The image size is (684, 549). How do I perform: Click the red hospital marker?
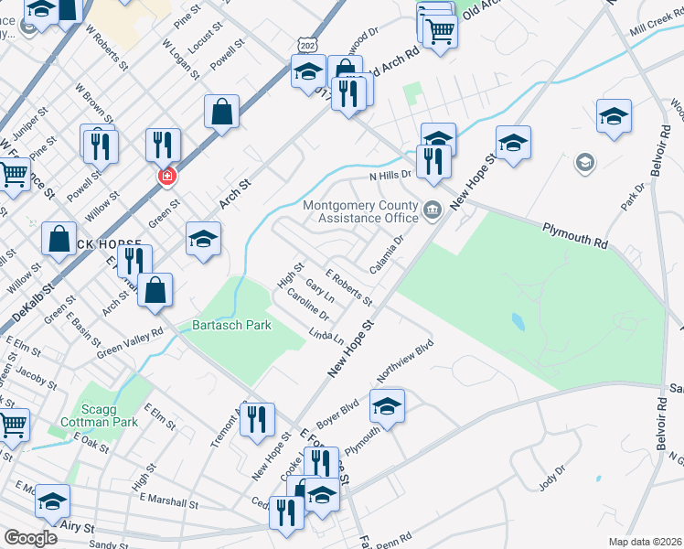tap(166, 176)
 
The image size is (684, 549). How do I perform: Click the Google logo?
tap(30, 537)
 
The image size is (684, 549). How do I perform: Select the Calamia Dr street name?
tap(386, 255)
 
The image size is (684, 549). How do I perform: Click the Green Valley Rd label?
tap(130, 342)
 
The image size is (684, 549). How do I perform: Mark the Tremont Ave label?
tap(223, 427)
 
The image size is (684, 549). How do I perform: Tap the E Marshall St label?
tap(169, 502)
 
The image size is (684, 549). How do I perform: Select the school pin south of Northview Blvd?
tap(387, 405)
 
